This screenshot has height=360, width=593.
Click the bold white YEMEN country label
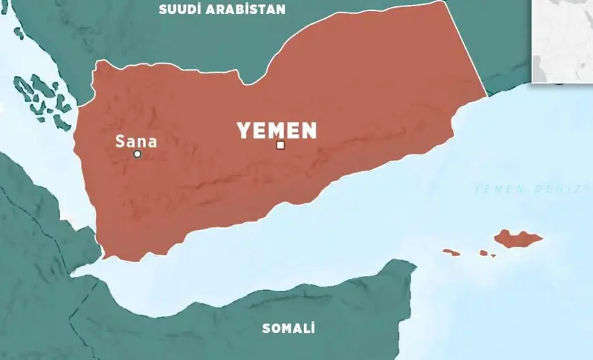tap(277, 131)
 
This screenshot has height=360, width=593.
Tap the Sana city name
tap(136, 142)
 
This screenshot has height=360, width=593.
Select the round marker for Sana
tap(137, 154)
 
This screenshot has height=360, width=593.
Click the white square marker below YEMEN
tap(280, 145)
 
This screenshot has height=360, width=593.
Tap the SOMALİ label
tap(288, 328)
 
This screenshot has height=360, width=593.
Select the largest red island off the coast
tap(517, 238)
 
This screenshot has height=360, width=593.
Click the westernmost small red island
tap(451, 252)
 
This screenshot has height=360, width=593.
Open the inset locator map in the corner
tap(562, 41)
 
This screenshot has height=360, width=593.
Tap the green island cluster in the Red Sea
tap(39, 98)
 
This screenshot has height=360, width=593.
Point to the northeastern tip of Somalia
tap(412, 266)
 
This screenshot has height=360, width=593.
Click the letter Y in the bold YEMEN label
tap(243, 131)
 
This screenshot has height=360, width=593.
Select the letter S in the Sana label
tap(119, 142)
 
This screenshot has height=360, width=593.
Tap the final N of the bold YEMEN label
tap(309, 131)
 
